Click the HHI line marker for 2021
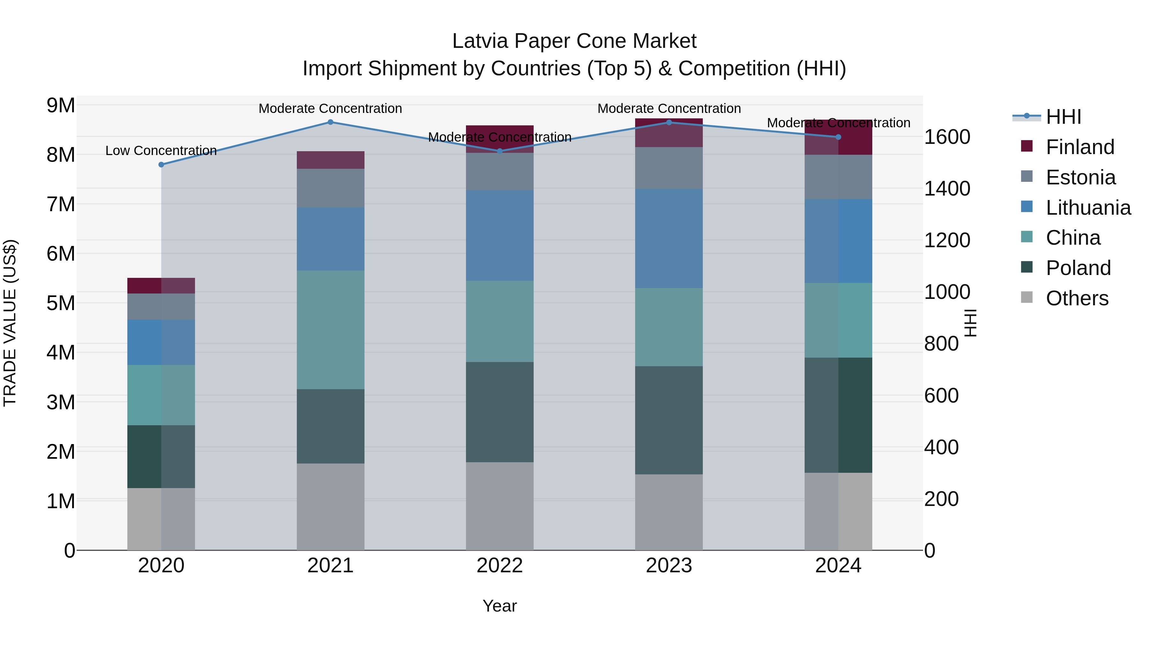pyautogui.click(x=331, y=122)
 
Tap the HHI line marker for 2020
pyautogui.click(x=161, y=165)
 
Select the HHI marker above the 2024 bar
pyautogui.click(x=838, y=137)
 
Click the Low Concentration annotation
pyautogui.click(x=161, y=151)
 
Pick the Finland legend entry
pyautogui.click(x=1079, y=147)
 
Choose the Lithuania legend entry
pyautogui.click(x=1088, y=208)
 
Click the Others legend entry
pyautogui.click(x=1077, y=298)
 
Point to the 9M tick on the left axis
pyautogui.click(x=61, y=106)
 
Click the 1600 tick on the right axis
pyautogui.click(x=947, y=137)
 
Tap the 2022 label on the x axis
pyautogui.click(x=499, y=566)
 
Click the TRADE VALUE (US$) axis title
pyautogui.click(x=10, y=323)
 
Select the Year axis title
pyautogui.click(x=499, y=606)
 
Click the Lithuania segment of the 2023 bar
pyautogui.click(x=669, y=239)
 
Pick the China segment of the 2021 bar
pyautogui.click(x=331, y=330)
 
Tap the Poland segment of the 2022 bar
pyautogui.click(x=499, y=412)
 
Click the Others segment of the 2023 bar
pyautogui.click(x=669, y=512)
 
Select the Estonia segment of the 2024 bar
pyautogui.click(x=838, y=177)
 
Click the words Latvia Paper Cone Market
pyautogui.click(x=574, y=41)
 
